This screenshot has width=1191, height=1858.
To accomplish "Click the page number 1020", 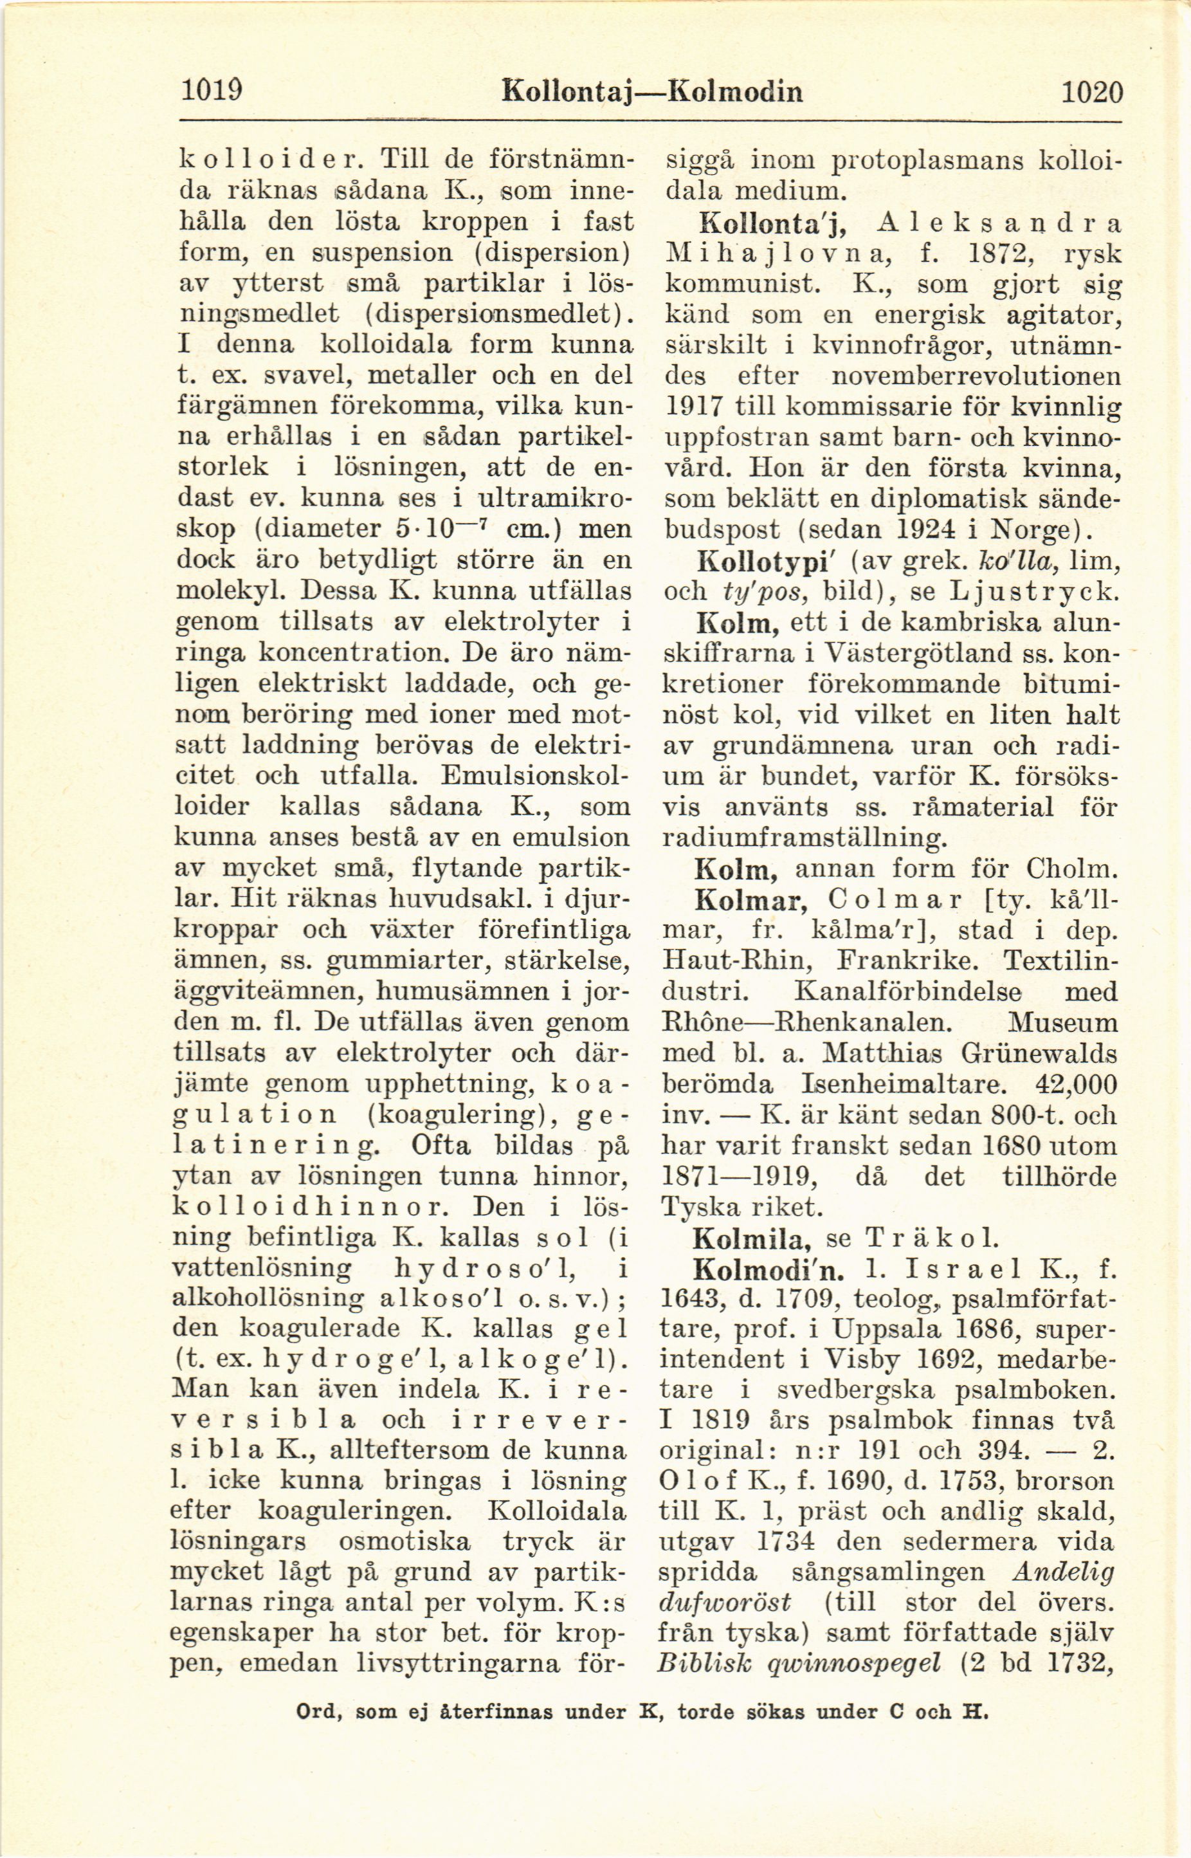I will tap(1091, 93).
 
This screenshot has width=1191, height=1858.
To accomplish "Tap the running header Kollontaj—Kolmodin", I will tap(652, 93).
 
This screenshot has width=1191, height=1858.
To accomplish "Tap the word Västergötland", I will tap(917, 654).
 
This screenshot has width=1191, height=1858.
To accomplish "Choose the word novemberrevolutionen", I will tap(974, 377).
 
